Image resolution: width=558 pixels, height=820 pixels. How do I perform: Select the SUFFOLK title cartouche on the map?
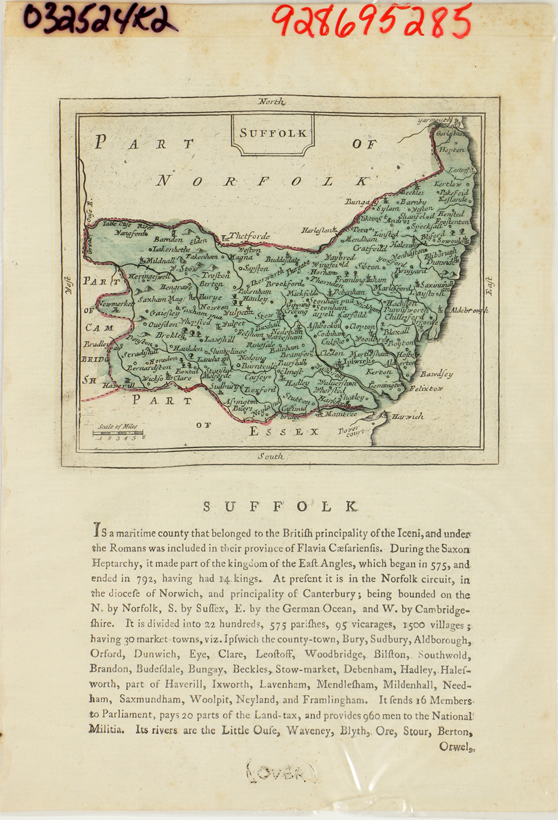coord(273,134)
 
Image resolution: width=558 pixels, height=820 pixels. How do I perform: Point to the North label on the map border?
coord(272,102)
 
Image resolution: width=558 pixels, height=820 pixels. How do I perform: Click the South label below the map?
coord(271,456)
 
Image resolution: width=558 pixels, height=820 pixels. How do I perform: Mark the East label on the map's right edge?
coord(489,285)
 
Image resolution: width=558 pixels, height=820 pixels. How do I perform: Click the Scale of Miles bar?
coord(118,433)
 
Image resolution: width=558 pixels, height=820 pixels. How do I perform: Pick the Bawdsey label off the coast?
coord(436,374)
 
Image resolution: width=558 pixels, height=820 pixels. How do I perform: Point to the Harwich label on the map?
coord(407,416)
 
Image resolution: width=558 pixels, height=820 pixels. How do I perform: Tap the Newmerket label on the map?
coord(114,304)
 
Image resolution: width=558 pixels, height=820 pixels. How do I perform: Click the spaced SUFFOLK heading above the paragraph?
coord(280,506)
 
